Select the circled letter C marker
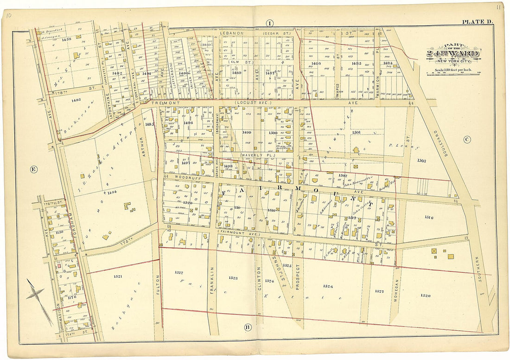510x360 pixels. point(467,139)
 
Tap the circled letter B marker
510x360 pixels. point(248,328)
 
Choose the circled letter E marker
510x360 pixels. point(33,169)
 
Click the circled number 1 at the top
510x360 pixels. point(269,23)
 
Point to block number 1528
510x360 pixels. point(426,295)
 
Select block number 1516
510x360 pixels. point(428,217)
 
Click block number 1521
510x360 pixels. point(118,276)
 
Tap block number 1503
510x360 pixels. point(421,161)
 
